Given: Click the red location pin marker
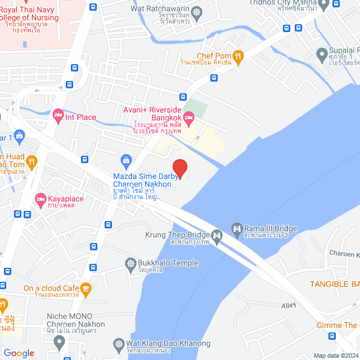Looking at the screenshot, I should pyautogui.click(x=179, y=168).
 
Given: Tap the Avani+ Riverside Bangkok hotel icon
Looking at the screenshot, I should pyautogui.click(x=189, y=119).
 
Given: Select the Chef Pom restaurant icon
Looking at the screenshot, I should pyautogui.click(x=239, y=56).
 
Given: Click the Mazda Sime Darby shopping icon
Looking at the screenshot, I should pyautogui.click(x=127, y=161).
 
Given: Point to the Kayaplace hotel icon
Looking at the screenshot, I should pyautogui.click(x=40, y=199).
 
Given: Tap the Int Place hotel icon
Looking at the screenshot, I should pyautogui.click(x=58, y=117).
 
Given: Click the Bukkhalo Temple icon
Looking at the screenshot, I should pyautogui.click(x=131, y=263).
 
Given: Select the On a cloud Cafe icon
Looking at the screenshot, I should pyautogui.click(x=85, y=289).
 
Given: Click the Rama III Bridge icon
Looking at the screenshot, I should pyautogui.click(x=236, y=228).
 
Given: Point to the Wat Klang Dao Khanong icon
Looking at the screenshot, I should pyautogui.click(x=119, y=343).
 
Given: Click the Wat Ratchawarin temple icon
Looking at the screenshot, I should pyautogui.click(x=197, y=11).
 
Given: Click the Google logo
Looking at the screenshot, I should pyautogui.click(x=19, y=353).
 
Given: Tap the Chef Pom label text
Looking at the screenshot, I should pyautogui.click(x=214, y=56).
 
